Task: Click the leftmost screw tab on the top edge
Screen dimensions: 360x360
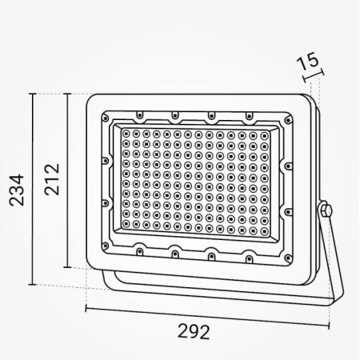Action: point(139,114)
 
